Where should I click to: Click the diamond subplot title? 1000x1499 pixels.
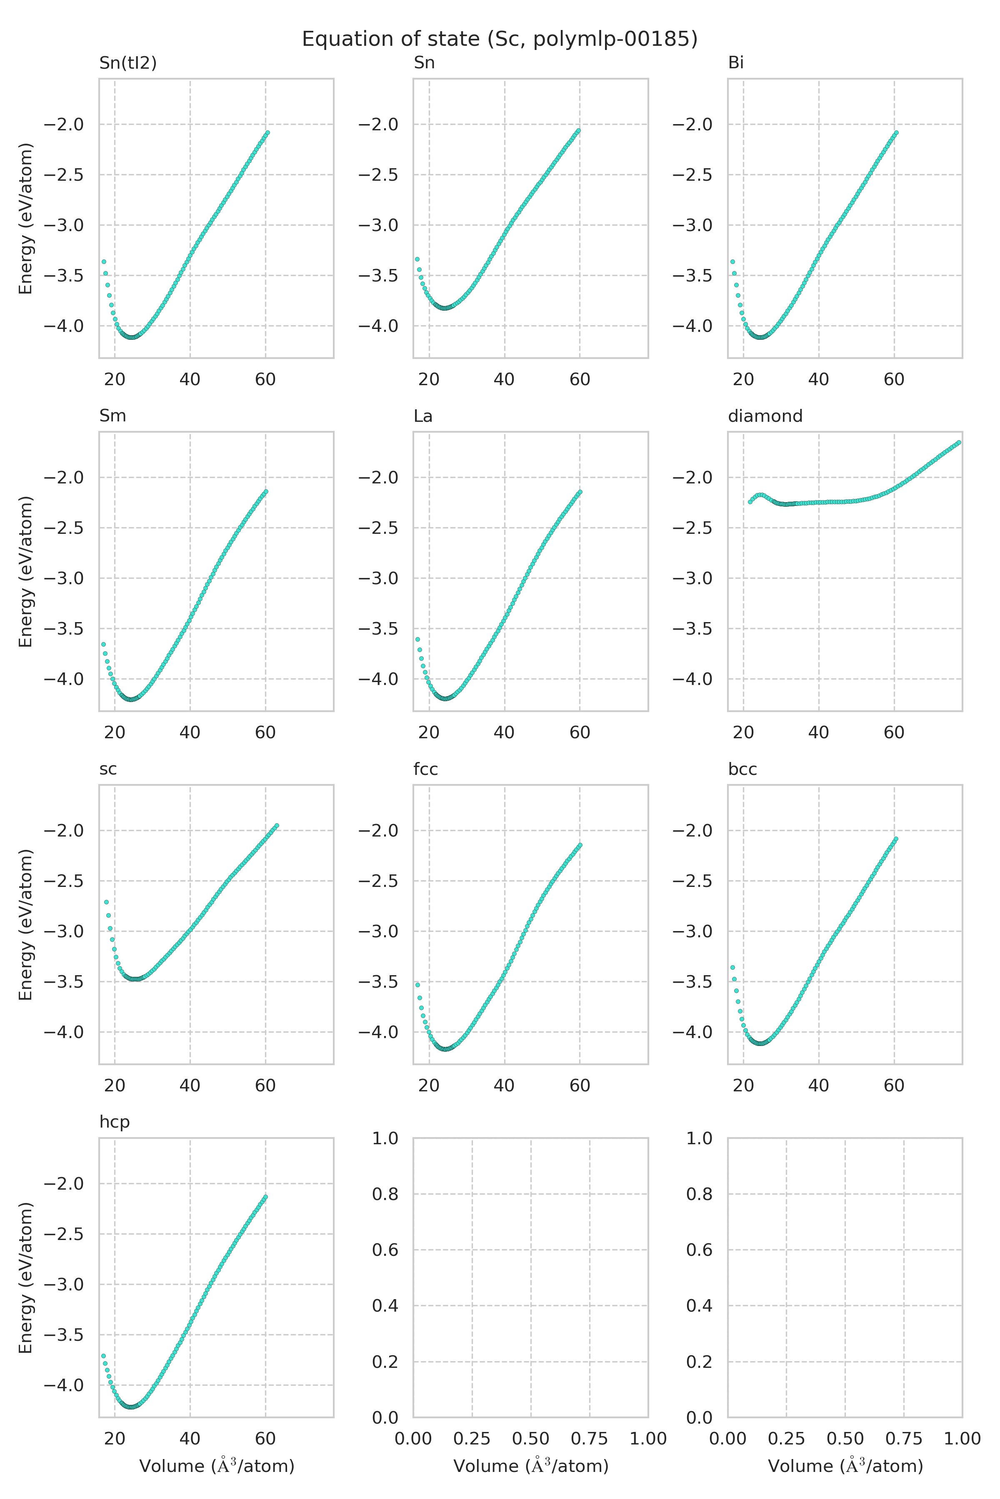[x=765, y=416]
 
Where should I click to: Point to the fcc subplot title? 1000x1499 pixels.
[x=425, y=769]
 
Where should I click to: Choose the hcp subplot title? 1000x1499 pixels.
[x=114, y=1122]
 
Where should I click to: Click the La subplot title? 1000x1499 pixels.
[x=423, y=416]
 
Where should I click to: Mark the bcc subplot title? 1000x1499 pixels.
[x=742, y=769]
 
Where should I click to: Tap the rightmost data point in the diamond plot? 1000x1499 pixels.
[x=959, y=442]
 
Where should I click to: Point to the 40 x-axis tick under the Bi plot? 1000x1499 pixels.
[x=818, y=380]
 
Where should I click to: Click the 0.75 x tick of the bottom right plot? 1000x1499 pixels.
[x=904, y=1439]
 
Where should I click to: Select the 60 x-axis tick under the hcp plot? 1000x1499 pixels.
[x=265, y=1439]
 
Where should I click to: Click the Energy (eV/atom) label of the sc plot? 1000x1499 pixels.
[x=25, y=925]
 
